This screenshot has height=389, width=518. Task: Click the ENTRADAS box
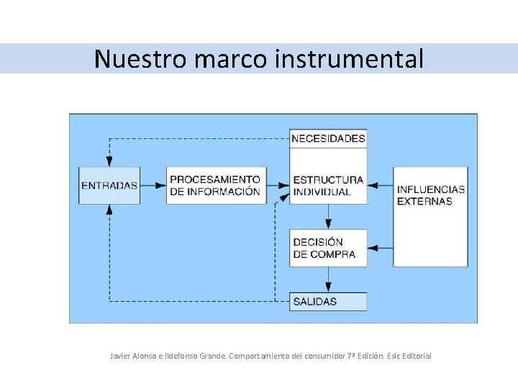(109, 185)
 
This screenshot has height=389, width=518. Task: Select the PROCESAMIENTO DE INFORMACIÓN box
(216, 185)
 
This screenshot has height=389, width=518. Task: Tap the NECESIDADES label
(329, 138)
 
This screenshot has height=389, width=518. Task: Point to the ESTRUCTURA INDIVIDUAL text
(328, 186)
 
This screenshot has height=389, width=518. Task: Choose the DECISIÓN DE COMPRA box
(328, 248)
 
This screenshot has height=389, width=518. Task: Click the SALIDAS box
(328, 301)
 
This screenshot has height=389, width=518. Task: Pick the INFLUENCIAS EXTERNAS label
(430, 195)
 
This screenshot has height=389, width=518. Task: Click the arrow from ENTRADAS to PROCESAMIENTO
(153, 185)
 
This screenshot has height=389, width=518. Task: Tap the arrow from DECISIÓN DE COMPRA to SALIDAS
(328, 279)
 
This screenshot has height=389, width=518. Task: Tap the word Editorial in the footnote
(415, 356)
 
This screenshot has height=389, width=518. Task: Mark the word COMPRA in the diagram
(333, 254)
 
